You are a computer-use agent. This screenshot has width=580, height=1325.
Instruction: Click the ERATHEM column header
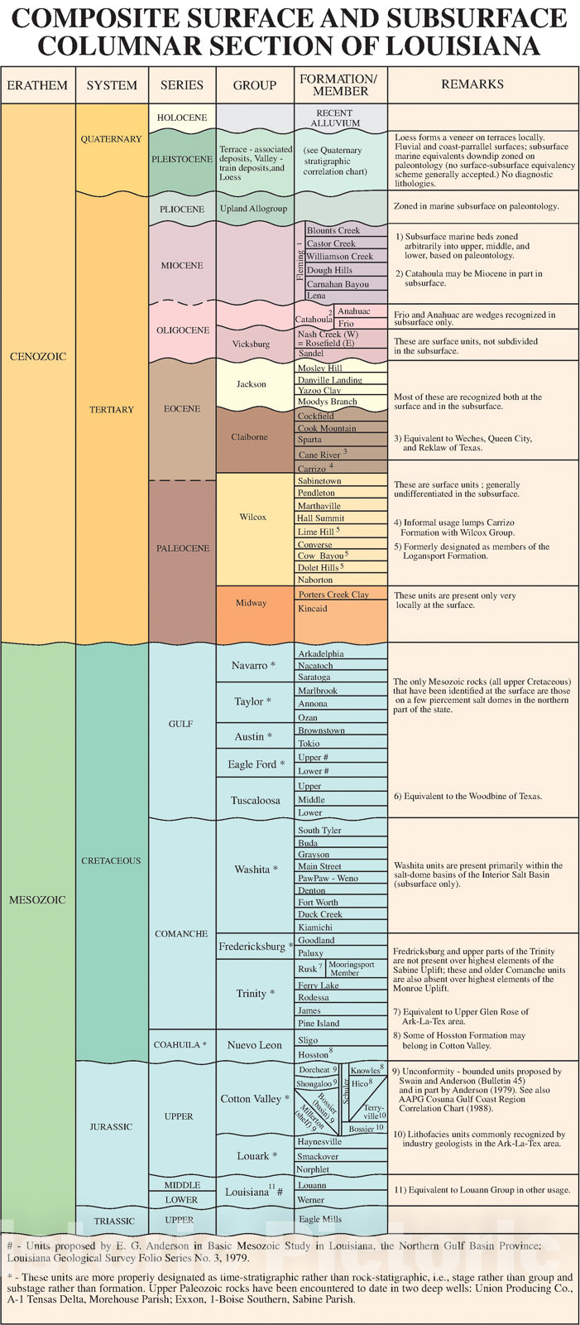(x=37, y=84)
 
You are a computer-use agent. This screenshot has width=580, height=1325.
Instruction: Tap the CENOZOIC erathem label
(x=37, y=356)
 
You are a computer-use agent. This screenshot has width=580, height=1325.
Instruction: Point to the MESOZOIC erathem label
(x=37, y=899)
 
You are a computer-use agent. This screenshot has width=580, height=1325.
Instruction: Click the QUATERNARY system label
(x=111, y=139)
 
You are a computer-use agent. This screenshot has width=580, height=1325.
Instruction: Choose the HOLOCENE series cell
(x=182, y=118)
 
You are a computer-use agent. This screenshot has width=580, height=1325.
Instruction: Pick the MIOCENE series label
(x=182, y=266)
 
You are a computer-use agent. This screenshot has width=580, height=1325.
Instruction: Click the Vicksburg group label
(x=251, y=344)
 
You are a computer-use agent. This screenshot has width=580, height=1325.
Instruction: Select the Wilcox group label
(x=253, y=517)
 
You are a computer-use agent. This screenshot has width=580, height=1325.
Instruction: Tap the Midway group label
(x=252, y=603)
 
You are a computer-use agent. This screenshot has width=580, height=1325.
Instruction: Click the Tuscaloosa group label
(x=255, y=800)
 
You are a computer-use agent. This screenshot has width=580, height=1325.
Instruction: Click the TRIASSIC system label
(x=114, y=1221)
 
